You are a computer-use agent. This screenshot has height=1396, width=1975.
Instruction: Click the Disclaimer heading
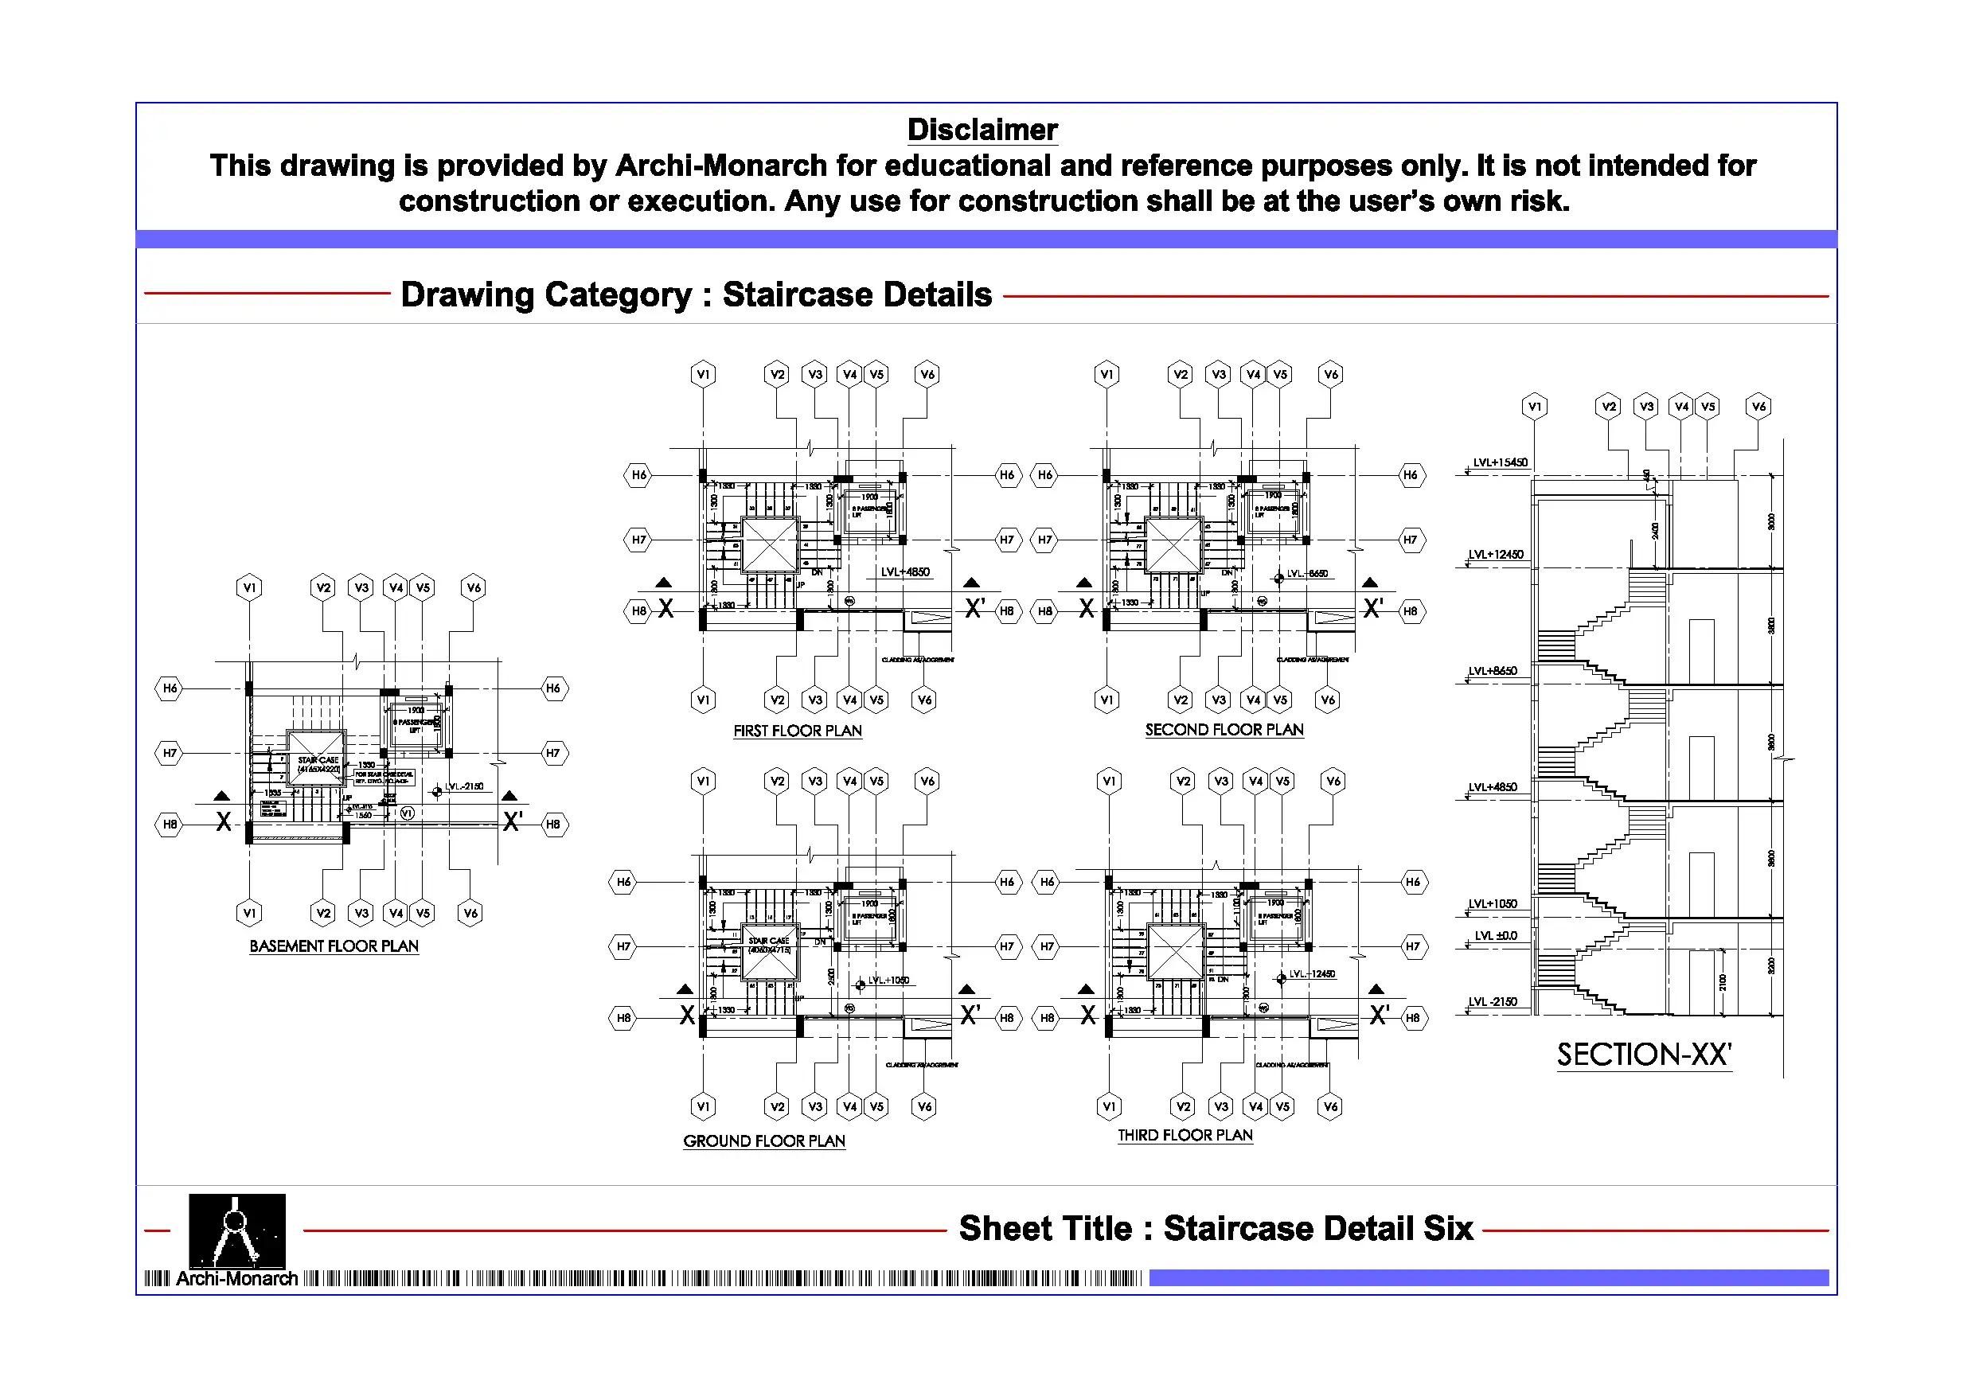click(x=982, y=130)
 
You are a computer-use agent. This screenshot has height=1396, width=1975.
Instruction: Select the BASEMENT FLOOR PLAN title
click(x=334, y=946)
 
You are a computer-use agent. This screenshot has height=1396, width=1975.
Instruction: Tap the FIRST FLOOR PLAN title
click(x=798, y=731)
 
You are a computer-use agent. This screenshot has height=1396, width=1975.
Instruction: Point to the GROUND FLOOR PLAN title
click(x=764, y=1141)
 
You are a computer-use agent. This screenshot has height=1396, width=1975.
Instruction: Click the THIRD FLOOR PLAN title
click(x=1185, y=1136)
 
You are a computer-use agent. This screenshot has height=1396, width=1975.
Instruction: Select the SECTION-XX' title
click(x=1644, y=1055)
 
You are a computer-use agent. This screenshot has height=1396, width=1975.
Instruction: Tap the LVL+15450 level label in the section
click(x=1501, y=462)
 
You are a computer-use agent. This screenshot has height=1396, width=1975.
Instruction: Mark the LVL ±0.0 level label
click(x=1496, y=936)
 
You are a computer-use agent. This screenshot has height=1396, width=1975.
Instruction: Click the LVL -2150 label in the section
click(x=1493, y=1002)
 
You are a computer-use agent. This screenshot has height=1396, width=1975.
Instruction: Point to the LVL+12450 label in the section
click(x=1496, y=555)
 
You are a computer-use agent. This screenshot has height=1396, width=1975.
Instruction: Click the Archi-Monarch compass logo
click(x=236, y=1231)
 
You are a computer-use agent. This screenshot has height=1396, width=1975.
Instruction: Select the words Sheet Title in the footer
click(x=1045, y=1229)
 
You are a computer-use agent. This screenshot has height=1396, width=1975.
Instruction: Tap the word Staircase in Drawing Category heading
click(x=790, y=295)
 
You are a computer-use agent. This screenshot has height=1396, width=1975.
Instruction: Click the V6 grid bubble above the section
click(x=1759, y=407)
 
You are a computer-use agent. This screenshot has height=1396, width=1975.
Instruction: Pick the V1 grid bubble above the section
click(x=1535, y=407)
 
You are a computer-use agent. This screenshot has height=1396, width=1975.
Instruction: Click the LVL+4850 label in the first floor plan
click(x=905, y=572)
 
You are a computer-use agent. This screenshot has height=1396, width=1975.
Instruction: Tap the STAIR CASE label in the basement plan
click(x=318, y=760)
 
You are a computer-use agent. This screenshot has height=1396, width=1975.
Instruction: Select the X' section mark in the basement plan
click(x=513, y=821)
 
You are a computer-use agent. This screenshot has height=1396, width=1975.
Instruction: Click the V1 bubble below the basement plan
click(x=249, y=914)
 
